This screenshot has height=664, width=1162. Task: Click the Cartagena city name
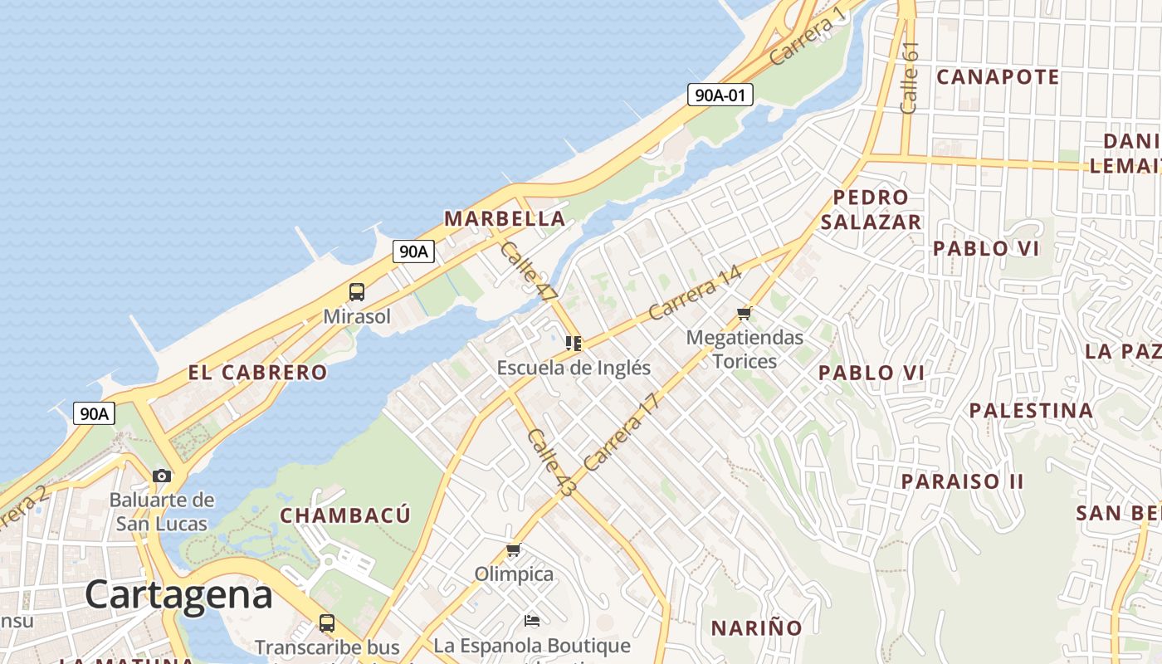point(178,595)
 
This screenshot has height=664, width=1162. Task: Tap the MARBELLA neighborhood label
point(505,219)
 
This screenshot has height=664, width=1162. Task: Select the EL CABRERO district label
point(257,373)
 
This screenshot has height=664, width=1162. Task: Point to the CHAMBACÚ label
point(345,515)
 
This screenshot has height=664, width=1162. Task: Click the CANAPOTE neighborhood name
point(998,77)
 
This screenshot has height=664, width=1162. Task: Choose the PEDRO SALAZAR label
point(871,210)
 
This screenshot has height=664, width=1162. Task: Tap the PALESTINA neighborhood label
point(1031,410)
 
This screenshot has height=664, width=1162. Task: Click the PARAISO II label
point(962,481)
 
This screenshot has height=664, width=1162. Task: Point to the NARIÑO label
point(756,627)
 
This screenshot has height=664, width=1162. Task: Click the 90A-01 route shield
point(720,95)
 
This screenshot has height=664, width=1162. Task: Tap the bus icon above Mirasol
point(357,292)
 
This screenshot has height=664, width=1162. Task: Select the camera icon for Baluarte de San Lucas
point(162,476)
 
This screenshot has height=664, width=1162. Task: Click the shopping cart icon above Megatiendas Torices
point(744,314)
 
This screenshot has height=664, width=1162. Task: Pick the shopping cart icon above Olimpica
point(514,550)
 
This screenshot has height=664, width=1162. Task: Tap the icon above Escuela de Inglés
point(573,343)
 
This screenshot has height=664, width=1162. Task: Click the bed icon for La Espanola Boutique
point(532,621)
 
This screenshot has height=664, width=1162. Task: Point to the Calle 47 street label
point(529,271)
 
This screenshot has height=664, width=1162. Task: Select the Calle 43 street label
point(550,463)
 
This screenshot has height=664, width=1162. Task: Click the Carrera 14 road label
point(694,293)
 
